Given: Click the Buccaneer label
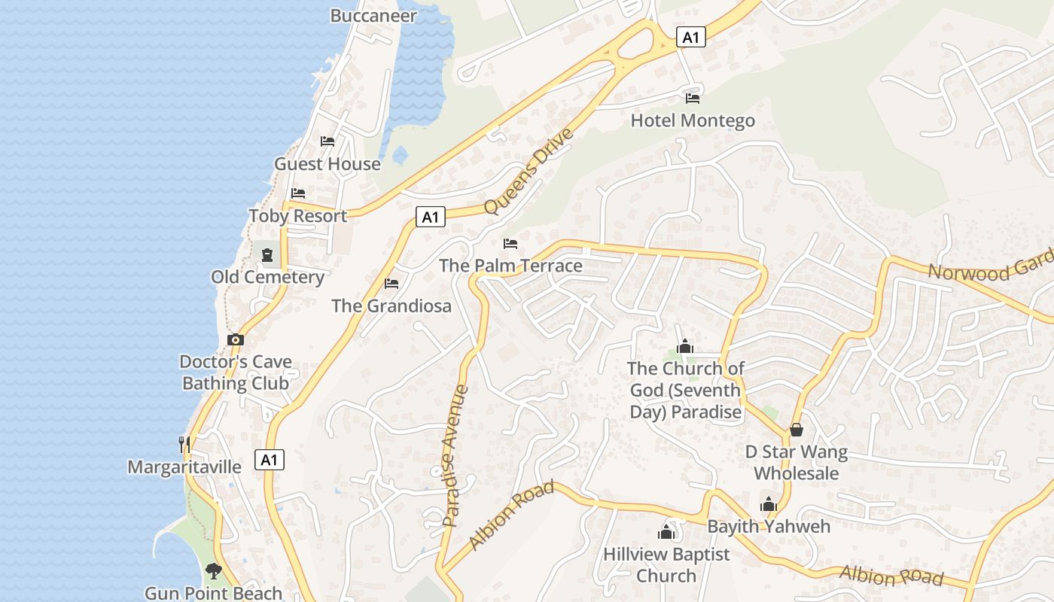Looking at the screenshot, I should (x=373, y=15).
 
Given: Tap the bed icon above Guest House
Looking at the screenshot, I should (x=327, y=141).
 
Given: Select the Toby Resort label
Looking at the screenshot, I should (x=298, y=216).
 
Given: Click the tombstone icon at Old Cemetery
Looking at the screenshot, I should (x=267, y=255).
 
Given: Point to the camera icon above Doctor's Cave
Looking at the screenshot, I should (x=236, y=339).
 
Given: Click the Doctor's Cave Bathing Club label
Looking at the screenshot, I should (x=236, y=372).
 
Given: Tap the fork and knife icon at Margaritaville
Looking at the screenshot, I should (x=184, y=444).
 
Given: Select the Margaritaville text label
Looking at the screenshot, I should (x=184, y=467).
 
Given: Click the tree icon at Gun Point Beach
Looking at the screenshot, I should (x=214, y=570).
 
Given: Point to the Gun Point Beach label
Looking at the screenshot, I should (x=213, y=593).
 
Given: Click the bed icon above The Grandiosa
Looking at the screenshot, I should (x=391, y=284).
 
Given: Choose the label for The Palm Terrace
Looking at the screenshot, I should (x=510, y=266).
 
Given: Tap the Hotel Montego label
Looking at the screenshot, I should (x=693, y=120).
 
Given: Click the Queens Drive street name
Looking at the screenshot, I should (x=529, y=171).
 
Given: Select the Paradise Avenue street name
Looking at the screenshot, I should (x=455, y=455).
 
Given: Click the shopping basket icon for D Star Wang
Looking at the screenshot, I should (x=797, y=430).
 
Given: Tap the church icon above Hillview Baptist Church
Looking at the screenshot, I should (x=666, y=532).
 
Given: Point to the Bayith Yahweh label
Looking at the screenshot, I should (x=769, y=526).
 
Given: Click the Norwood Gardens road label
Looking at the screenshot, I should (x=990, y=265).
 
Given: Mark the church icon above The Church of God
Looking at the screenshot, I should (x=685, y=346).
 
